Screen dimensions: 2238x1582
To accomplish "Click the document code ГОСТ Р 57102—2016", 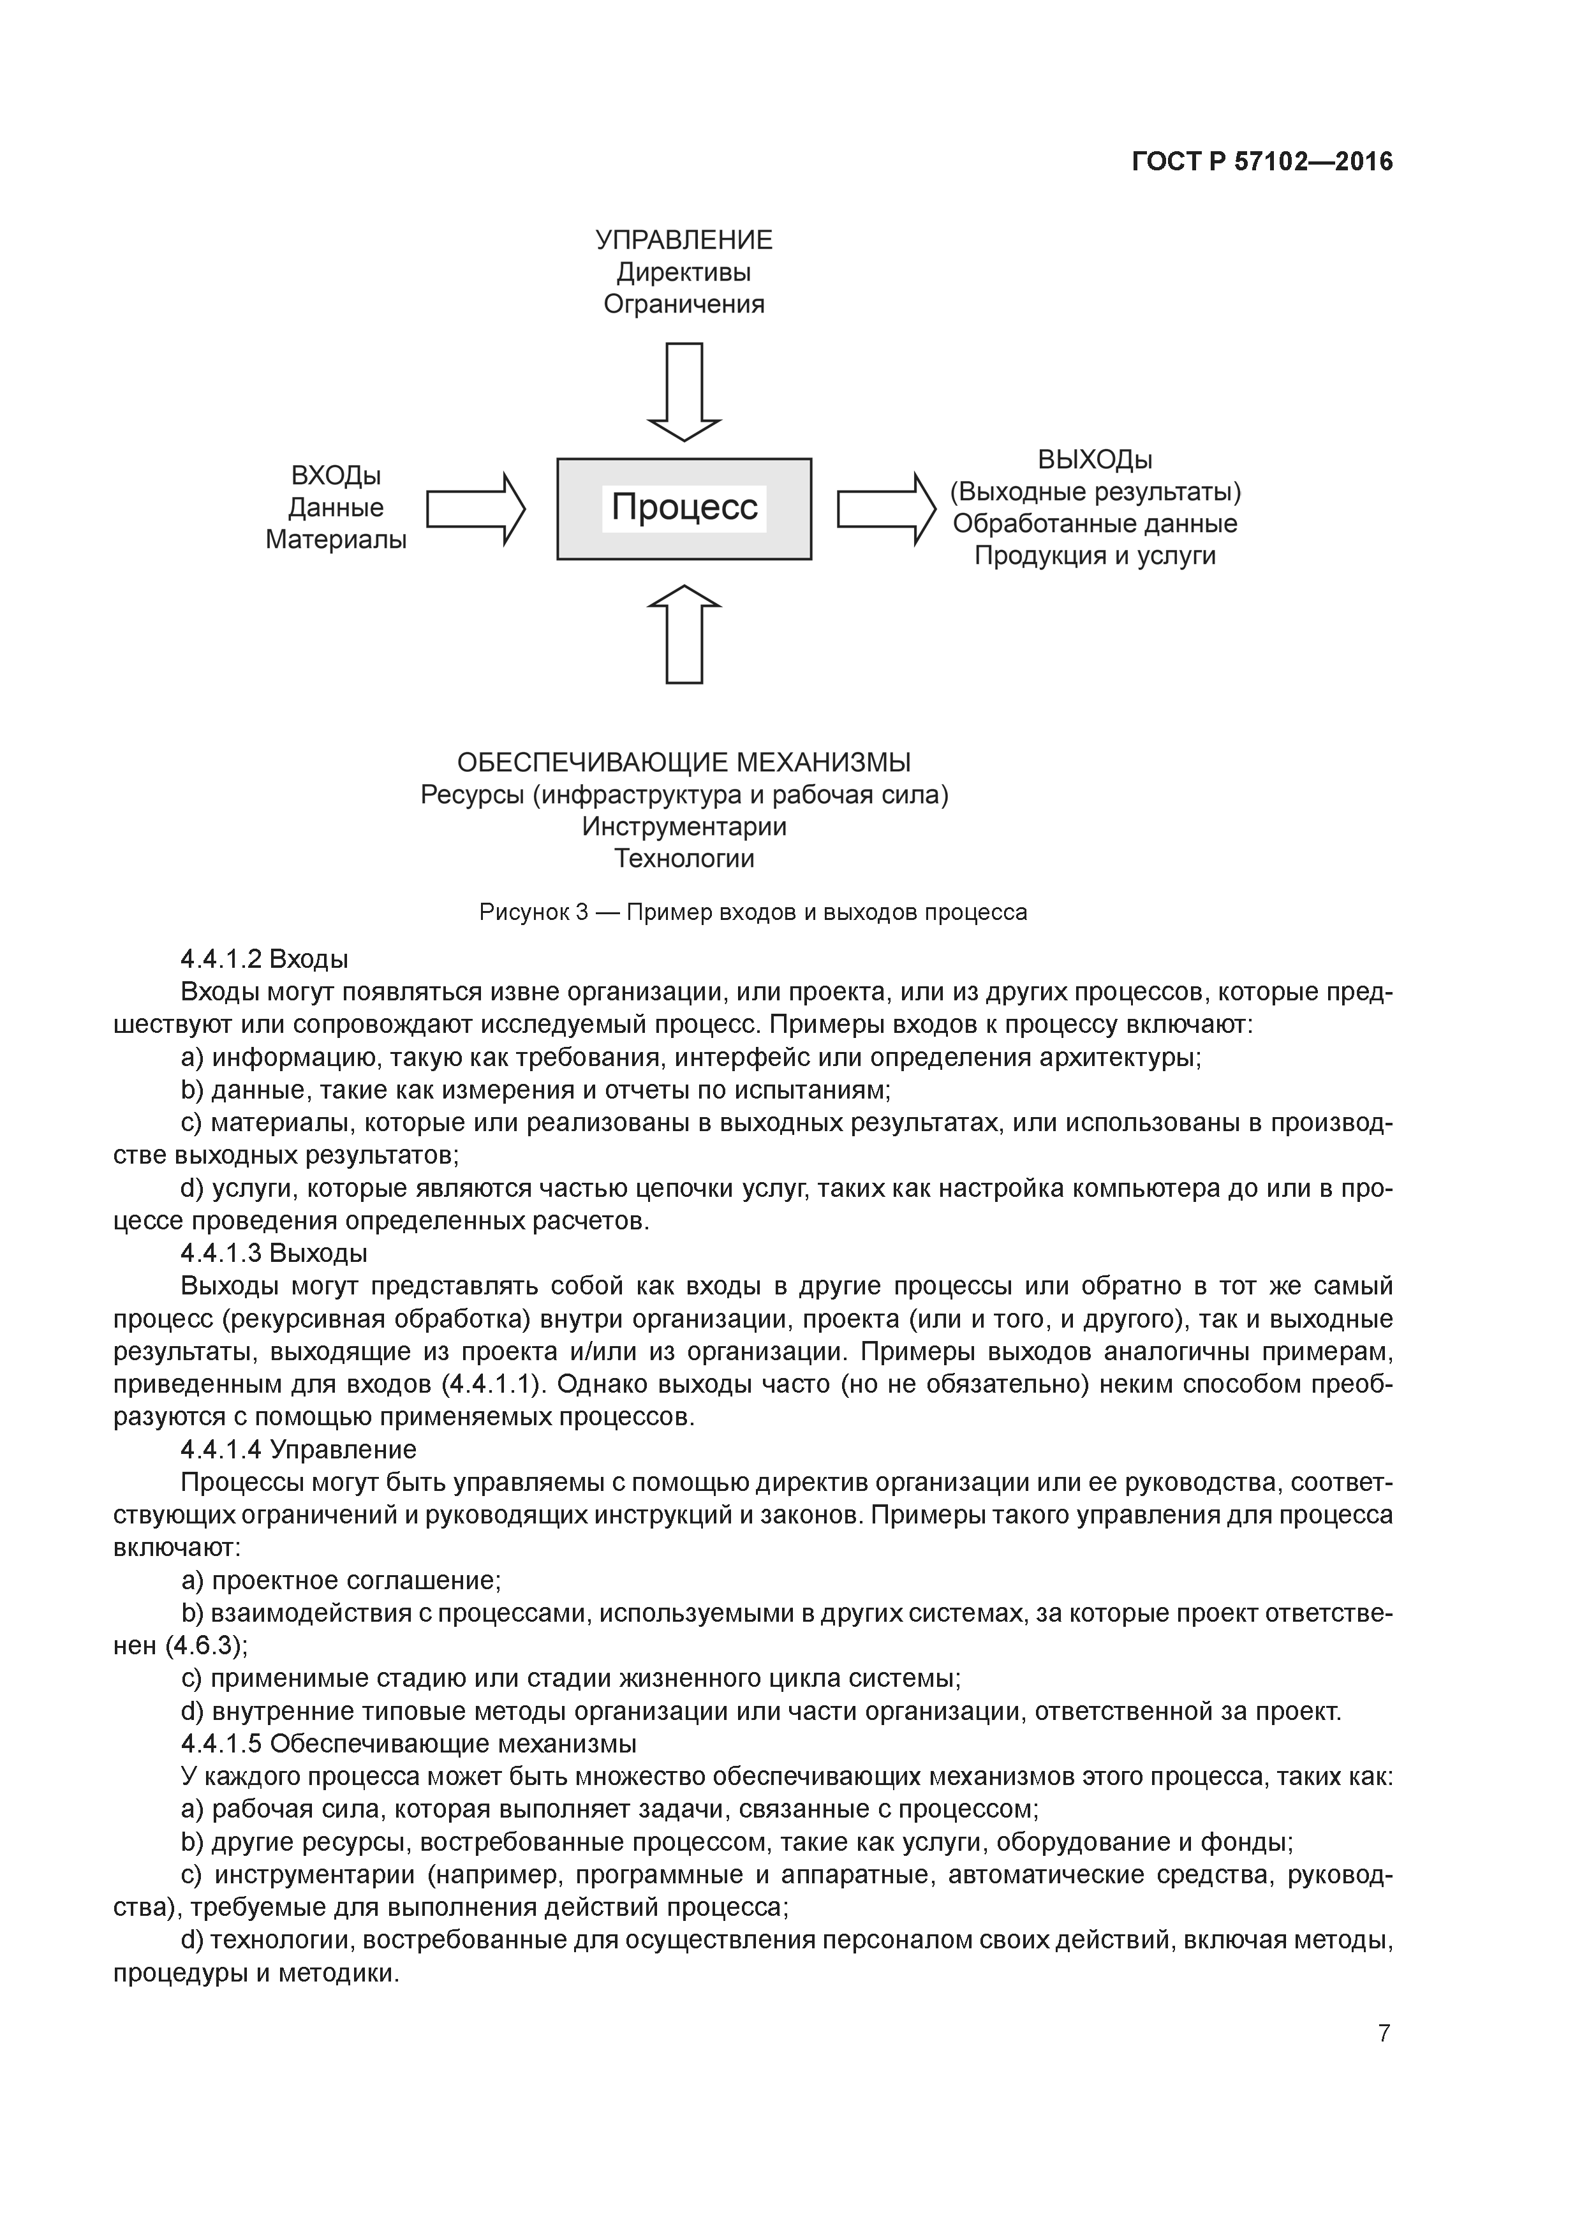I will click(1262, 162).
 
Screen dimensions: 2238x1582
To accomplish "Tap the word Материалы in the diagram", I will click(336, 539).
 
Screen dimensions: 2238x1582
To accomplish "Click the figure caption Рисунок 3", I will click(753, 912).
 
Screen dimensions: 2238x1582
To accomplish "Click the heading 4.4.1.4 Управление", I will click(299, 1449).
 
